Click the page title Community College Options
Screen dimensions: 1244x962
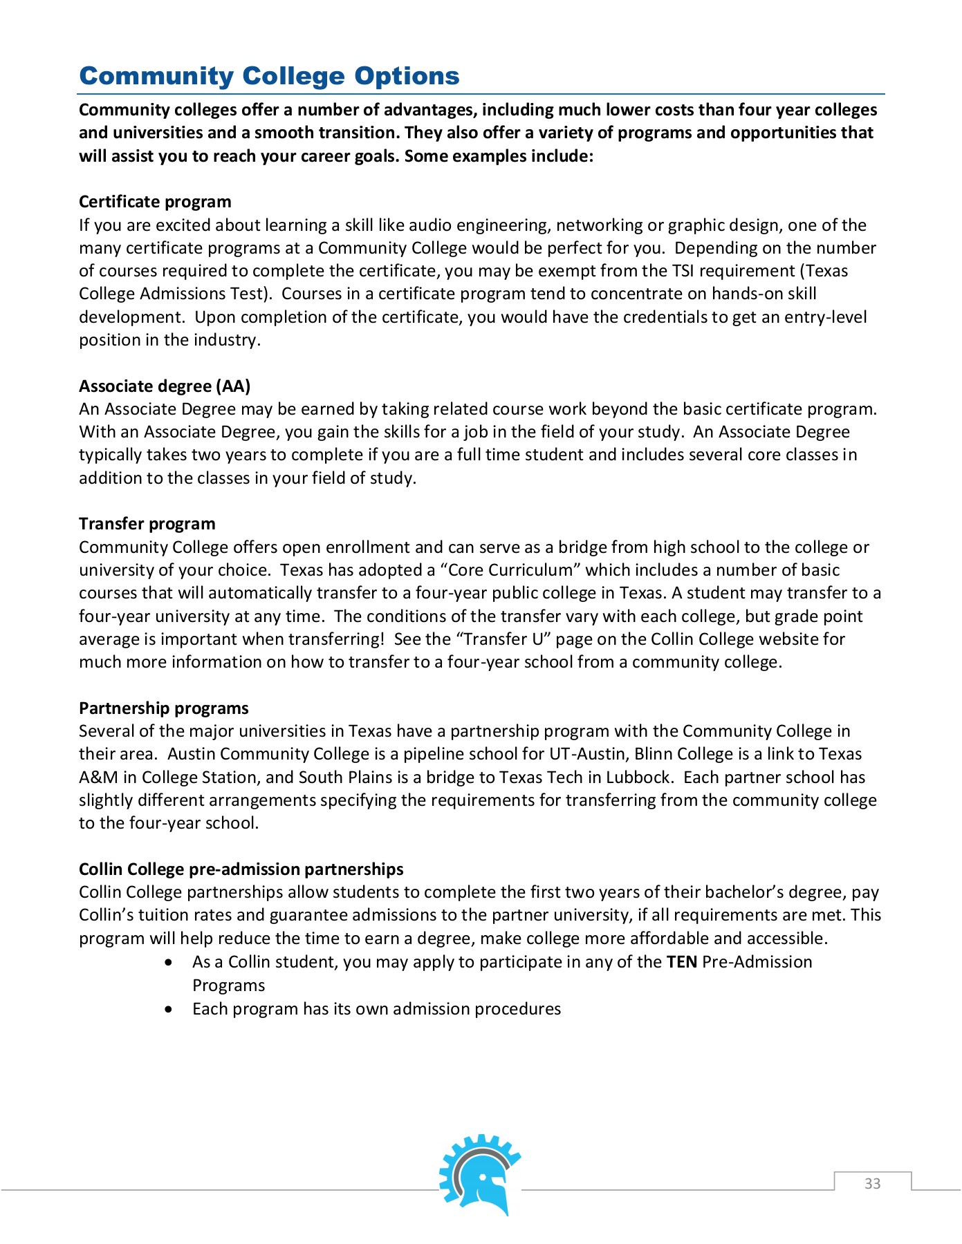pyautogui.click(x=269, y=76)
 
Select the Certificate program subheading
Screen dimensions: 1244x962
pyautogui.click(x=155, y=202)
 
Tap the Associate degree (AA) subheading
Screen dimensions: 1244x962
pyautogui.click(x=165, y=386)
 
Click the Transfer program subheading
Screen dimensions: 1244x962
pyautogui.click(x=147, y=524)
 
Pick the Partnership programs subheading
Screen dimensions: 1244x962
pyautogui.click(x=163, y=708)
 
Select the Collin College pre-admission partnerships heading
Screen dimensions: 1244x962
pyautogui.click(x=241, y=869)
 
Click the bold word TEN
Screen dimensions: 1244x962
pyautogui.click(x=681, y=962)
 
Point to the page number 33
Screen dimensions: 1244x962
pyautogui.click(x=872, y=1183)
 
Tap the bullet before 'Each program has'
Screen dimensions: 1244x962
pyautogui.click(x=169, y=1010)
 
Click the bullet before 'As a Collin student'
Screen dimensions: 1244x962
pyautogui.click(x=169, y=963)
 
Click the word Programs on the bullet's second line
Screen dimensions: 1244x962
pyautogui.click(x=229, y=986)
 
